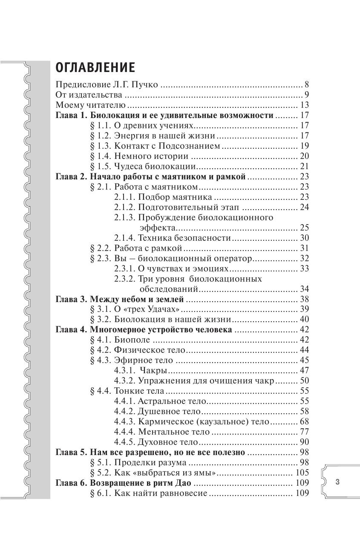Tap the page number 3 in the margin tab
(x=337, y=482)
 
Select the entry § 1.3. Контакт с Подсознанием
(x=156, y=146)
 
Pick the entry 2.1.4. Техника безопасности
(x=173, y=238)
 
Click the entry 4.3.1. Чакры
(x=140, y=370)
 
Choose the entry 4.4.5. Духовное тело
(x=161, y=442)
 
